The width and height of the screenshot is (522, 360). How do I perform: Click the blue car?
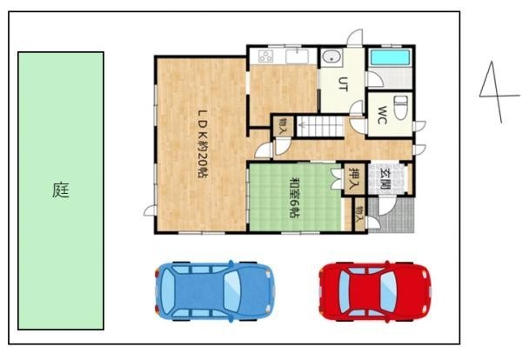tap(215, 290)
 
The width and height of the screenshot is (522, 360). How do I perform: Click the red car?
tap(375, 290)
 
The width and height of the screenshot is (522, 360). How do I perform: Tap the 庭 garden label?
tap(61, 190)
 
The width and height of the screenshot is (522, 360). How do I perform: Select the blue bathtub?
tap(390, 57)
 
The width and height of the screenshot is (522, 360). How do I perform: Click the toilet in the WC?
tap(400, 107)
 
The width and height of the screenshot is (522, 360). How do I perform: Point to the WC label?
tap(383, 115)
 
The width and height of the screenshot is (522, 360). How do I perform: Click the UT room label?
tap(344, 83)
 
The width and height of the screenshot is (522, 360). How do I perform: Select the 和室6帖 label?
tap(295, 197)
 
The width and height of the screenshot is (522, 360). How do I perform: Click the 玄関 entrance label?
tap(385, 178)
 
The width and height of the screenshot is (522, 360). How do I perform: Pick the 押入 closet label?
tap(354, 177)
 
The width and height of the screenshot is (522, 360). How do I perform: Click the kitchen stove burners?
tap(266, 56)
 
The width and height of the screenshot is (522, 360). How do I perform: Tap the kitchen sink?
tap(297, 57)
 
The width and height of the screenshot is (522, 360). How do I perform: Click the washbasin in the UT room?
tap(331, 57)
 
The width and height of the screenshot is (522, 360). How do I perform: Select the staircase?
tap(320, 126)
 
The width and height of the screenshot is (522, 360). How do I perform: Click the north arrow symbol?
tap(496, 92)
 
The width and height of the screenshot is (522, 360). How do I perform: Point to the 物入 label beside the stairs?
tap(283, 126)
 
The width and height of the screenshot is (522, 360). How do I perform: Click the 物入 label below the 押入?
tap(359, 214)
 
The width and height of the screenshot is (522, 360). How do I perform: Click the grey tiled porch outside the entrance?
tap(391, 215)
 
